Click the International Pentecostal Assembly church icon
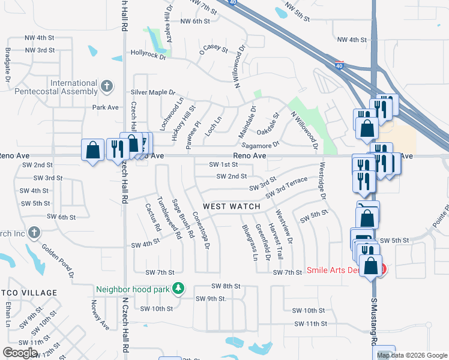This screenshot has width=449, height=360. tap(106, 86)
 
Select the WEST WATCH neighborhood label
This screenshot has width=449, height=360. tap(231, 206)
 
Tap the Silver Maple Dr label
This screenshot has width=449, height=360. tap(152, 93)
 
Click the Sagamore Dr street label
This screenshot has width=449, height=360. tap(260, 145)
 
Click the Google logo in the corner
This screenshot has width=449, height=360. tap(20, 353)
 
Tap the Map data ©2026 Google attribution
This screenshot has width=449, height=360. tap(412, 355)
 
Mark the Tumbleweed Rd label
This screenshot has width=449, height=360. tap(169, 218)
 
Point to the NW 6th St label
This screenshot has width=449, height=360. tap(195, 21)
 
